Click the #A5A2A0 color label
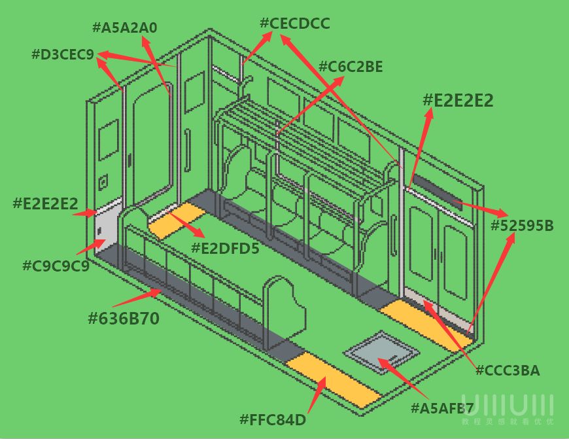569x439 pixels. point(125,27)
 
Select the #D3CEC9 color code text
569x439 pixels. point(63,54)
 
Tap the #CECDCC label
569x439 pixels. point(295,24)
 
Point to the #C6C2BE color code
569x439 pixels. point(351,67)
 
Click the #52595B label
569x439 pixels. point(522,226)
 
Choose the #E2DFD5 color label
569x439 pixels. point(226,249)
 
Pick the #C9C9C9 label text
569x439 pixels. point(56,266)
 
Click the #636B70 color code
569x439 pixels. point(124,319)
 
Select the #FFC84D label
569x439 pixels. point(273,420)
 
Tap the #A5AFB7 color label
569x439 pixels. point(442,408)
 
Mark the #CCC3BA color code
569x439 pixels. point(508,371)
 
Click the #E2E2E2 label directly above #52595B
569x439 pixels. point(458,101)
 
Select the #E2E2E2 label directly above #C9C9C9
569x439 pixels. point(45,203)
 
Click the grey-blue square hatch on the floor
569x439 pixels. point(381,352)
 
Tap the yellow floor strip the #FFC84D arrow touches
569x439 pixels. point(333,380)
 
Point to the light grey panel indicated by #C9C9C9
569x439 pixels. point(107,229)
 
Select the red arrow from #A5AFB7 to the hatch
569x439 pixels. point(403,378)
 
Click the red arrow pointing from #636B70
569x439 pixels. point(137,298)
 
